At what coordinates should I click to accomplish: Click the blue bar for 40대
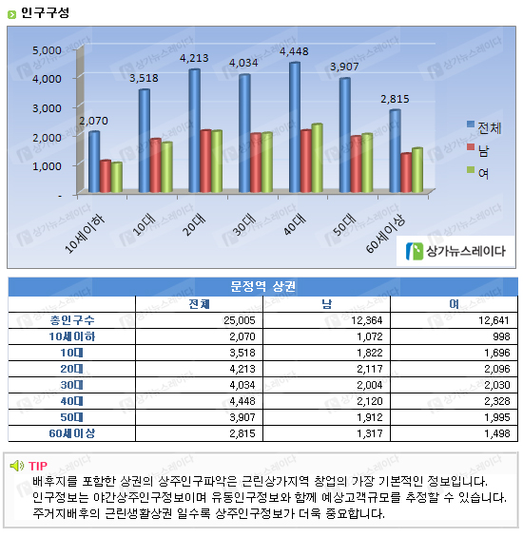coord(295,127)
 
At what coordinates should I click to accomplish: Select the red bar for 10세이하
coord(106,176)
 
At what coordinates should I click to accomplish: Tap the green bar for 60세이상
coord(417,170)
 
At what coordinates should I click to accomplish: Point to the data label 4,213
coord(194,58)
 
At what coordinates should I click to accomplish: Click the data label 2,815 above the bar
coord(395,99)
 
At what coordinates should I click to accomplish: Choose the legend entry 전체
coord(484,127)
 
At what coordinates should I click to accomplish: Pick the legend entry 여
coord(477,173)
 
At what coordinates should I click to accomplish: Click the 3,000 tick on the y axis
coord(47,108)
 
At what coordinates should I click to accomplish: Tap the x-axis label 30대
coord(244,224)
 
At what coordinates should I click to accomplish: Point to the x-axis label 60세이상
coord(385,235)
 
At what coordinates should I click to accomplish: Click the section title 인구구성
coord(45,13)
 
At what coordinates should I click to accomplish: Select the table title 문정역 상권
coord(262,286)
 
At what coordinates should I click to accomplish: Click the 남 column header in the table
coord(326,304)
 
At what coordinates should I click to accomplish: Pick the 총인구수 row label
coord(72,320)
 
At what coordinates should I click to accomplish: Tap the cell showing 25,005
coord(240,320)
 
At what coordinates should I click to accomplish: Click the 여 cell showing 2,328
coord(497,401)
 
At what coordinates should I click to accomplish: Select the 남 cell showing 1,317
coord(370,433)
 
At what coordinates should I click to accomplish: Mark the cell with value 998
coord(501,336)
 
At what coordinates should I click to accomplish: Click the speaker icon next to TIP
coord(17,466)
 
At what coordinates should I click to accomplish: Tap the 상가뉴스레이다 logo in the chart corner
coord(455,251)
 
